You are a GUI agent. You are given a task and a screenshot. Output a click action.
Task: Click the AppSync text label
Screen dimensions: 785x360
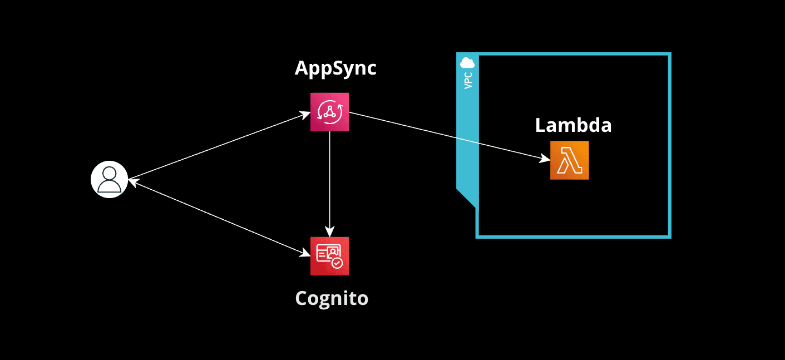coord(335,68)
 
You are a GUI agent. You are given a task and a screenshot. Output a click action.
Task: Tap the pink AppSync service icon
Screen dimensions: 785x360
coord(329,112)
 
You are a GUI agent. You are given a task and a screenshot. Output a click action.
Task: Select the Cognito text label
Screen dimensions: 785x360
coord(332,298)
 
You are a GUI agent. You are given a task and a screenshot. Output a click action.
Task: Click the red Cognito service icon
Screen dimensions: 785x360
coord(329,256)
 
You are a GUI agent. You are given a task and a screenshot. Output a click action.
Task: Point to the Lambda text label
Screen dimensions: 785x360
coord(573,125)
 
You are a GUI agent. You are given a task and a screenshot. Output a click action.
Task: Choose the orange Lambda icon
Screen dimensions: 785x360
coord(569,160)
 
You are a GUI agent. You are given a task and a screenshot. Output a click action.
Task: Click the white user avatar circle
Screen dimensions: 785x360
coord(110,179)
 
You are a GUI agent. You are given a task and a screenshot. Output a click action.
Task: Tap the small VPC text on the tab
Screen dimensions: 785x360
coord(468,80)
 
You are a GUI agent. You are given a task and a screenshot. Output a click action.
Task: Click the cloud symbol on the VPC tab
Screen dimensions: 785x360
coord(467,62)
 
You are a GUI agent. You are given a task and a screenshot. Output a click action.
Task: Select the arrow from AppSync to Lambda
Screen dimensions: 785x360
coord(445,136)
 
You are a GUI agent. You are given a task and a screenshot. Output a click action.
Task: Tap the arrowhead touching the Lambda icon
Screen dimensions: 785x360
coord(546,159)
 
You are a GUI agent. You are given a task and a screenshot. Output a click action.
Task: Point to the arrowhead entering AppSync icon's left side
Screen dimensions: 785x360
coord(305,114)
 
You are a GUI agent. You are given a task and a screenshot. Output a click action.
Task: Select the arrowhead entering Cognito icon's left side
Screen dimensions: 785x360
coord(305,254)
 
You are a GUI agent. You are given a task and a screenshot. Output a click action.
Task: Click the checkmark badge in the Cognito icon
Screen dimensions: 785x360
coord(337,263)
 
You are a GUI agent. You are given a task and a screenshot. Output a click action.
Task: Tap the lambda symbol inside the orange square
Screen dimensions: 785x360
coord(569,160)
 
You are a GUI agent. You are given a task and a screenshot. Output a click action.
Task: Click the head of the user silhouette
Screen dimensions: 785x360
coord(110,173)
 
